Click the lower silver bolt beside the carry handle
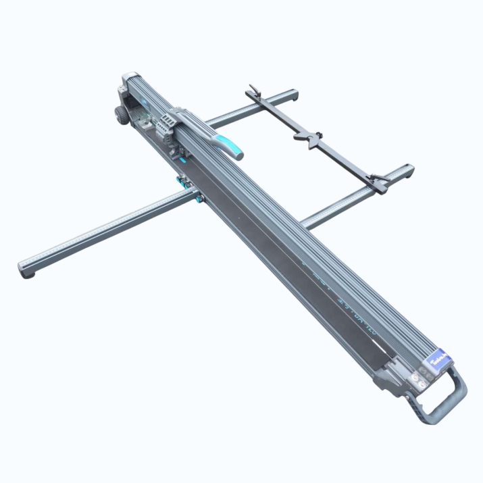tap(419, 388)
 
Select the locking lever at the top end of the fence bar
tap(255, 91)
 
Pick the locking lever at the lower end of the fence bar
tap(380, 181)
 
